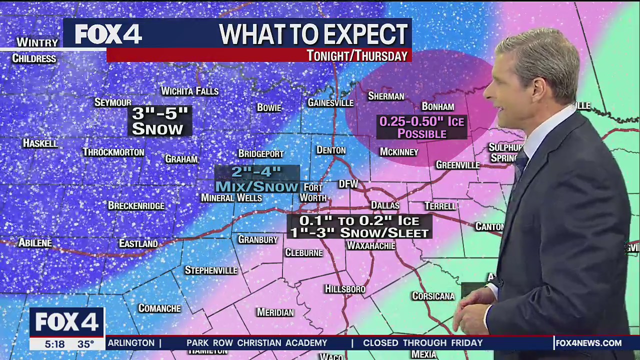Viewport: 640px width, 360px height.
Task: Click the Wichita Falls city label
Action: tap(189, 91)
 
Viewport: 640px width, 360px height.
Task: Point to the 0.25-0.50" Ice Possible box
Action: tap(421, 127)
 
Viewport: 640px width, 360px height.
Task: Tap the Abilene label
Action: tap(35, 243)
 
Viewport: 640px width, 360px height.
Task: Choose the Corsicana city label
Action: tap(433, 296)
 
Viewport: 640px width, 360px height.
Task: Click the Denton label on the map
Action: tap(331, 150)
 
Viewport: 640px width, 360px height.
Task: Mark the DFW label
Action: tap(348, 184)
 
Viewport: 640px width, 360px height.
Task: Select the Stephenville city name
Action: tap(210, 270)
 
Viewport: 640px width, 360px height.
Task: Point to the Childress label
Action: tap(34, 58)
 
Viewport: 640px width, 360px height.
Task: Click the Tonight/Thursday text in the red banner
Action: tap(357, 55)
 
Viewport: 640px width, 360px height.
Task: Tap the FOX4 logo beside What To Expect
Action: tap(108, 34)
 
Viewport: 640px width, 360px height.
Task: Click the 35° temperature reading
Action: tap(85, 344)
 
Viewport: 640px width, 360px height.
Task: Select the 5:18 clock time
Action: tap(54, 344)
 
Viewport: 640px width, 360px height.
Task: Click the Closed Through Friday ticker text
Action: tap(422, 343)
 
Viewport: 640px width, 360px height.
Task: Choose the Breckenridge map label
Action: tap(136, 205)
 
